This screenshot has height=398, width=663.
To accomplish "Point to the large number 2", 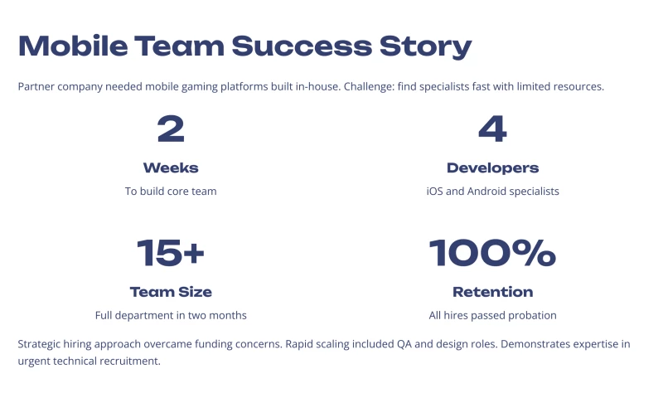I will point(171,129).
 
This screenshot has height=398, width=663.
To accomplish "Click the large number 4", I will point(492,129).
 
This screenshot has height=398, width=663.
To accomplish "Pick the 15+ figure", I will point(171,253).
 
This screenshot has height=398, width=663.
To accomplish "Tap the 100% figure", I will point(492,253).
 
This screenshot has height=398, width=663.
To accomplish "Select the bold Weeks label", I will point(171,167).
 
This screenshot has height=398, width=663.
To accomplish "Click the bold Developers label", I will point(492,167).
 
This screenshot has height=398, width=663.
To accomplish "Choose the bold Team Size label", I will point(171,292).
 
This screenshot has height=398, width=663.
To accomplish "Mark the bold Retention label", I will point(492,292).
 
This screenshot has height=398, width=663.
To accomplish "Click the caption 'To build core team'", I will point(171,191).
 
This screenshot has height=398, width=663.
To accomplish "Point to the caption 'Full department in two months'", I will point(171,315).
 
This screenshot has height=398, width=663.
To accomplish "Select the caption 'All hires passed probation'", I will point(492,315).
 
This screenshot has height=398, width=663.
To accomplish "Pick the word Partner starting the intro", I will point(36,86).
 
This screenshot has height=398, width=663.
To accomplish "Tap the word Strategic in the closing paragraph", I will point(41,344).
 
